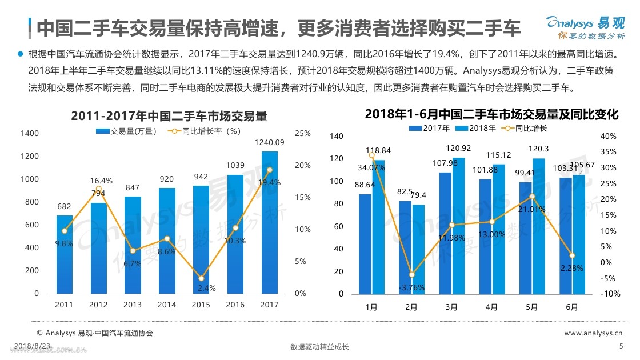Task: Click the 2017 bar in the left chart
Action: click(x=270, y=223)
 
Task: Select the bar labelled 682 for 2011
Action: click(x=65, y=254)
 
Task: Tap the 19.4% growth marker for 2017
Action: click(x=270, y=170)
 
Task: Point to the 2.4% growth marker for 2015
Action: click(x=201, y=278)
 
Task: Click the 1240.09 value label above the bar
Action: click(x=270, y=142)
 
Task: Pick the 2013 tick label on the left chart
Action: click(x=133, y=305)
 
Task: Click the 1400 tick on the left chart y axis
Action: click(x=30, y=133)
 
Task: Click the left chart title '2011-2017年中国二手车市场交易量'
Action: click(x=169, y=115)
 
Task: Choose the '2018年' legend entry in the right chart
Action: click(x=479, y=128)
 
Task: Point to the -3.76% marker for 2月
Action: click(x=411, y=275)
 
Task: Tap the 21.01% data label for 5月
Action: click(x=531, y=209)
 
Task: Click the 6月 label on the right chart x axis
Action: click(x=572, y=307)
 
